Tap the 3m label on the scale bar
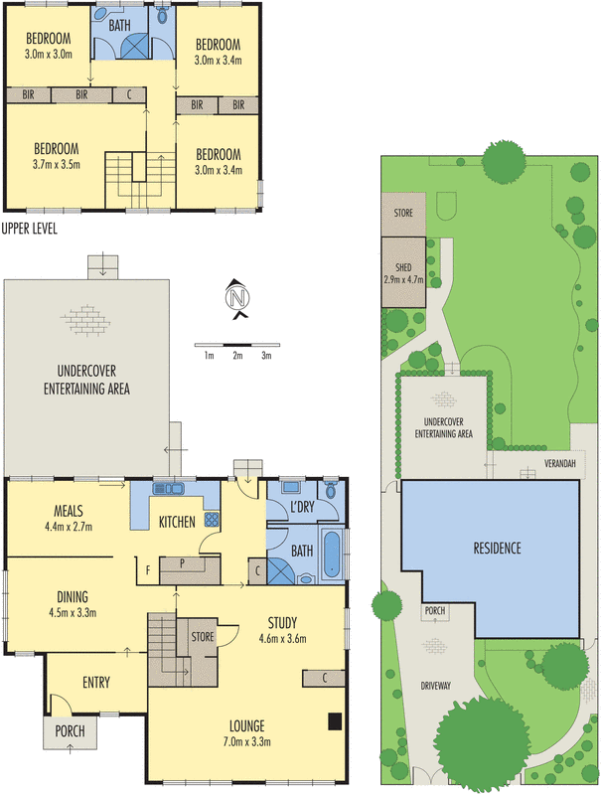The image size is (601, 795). click(x=266, y=355)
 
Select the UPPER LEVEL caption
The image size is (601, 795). click(x=29, y=229)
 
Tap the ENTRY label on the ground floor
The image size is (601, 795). click(x=90, y=683)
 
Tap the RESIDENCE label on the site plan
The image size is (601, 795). click(x=497, y=549)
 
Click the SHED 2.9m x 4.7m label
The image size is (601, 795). click(x=404, y=272)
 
